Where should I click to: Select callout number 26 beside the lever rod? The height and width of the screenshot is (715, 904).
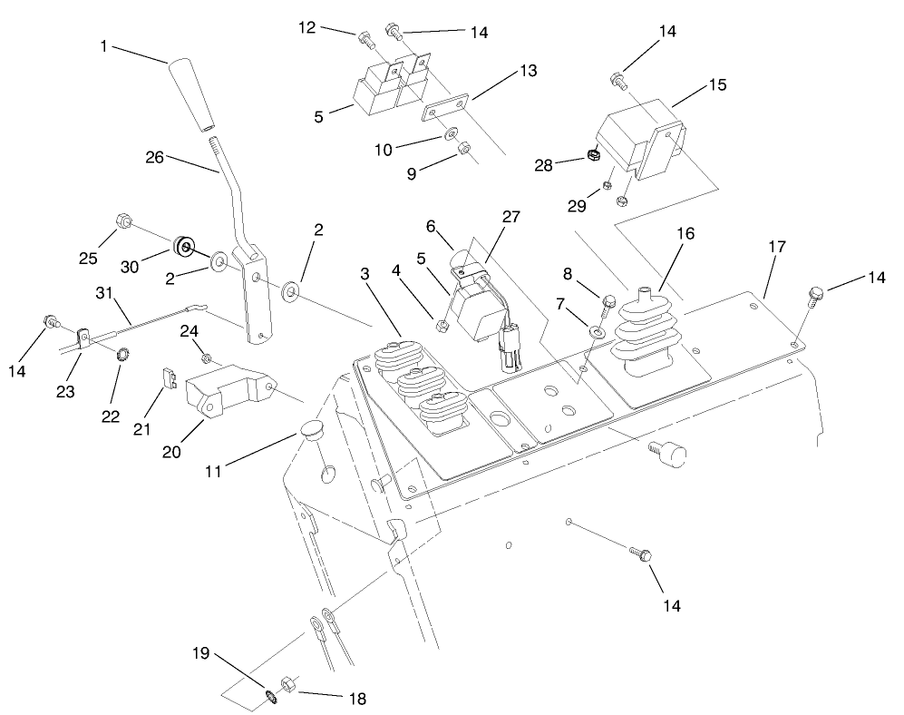click(155, 157)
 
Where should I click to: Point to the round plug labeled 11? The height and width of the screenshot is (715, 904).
click(311, 432)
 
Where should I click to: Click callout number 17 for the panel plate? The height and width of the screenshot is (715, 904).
click(777, 246)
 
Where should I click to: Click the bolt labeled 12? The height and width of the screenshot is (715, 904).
click(365, 40)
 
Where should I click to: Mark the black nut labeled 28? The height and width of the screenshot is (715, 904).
click(594, 155)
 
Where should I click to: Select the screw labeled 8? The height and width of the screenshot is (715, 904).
click(608, 301)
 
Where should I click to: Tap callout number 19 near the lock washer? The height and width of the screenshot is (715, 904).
click(202, 652)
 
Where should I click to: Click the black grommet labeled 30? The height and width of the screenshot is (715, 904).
click(183, 247)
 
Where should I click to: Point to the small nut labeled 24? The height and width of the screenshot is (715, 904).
click(207, 359)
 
